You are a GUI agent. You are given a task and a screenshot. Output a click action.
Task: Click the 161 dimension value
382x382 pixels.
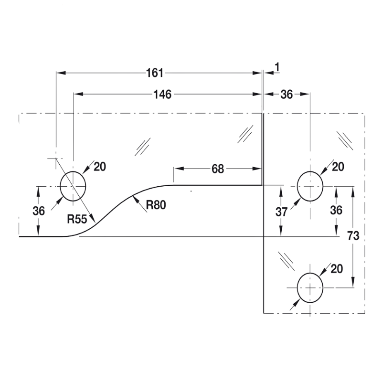(155, 73)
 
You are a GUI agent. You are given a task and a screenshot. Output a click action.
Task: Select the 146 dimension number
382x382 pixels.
(162, 94)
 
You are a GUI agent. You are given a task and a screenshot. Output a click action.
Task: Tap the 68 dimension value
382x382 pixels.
(218, 169)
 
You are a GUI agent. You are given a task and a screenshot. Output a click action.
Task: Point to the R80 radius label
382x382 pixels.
(156, 205)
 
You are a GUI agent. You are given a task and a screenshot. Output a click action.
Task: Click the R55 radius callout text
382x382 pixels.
(77, 219)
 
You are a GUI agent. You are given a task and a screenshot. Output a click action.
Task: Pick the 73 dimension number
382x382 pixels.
(353, 236)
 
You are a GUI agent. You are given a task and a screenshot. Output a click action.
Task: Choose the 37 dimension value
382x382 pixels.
(281, 212)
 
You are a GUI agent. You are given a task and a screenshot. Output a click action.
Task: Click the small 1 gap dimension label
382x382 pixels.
(277, 67)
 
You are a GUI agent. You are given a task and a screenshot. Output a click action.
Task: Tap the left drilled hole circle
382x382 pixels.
(73, 186)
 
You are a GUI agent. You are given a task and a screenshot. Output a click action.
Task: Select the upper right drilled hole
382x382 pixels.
(310, 186)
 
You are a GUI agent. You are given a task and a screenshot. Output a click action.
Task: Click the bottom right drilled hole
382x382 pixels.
(310, 288)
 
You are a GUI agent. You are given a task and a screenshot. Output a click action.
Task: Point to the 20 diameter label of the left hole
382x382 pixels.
(100, 167)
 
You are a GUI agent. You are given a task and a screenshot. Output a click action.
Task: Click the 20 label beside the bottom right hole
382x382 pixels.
(337, 269)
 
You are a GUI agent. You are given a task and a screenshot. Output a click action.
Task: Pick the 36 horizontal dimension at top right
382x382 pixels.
(286, 94)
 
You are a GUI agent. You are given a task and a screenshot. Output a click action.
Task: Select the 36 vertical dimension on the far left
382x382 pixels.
(39, 211)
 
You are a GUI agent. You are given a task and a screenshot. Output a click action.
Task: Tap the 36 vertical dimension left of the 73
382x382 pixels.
(336, 210)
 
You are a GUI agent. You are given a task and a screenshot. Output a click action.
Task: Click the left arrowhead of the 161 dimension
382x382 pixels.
(61, 73)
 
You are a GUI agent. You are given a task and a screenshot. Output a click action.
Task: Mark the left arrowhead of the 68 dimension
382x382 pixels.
(179, 169)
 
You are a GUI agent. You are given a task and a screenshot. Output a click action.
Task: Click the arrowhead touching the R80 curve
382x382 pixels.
(136, 199)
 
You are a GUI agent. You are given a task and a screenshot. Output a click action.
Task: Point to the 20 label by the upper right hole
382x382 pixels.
(338, 167)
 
